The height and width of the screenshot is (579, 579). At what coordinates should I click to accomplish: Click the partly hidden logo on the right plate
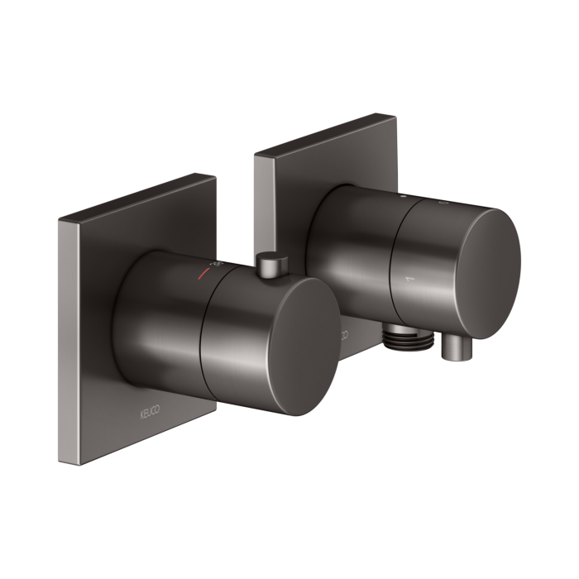pos(341,335)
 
